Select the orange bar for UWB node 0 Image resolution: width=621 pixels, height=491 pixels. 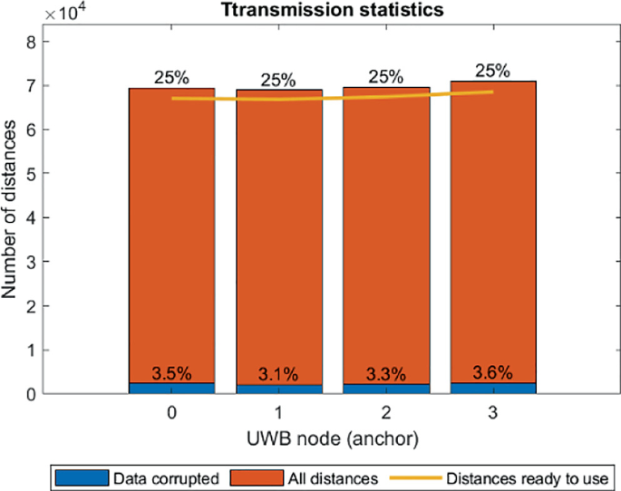click(x=172, y=236)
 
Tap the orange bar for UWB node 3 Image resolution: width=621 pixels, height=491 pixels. click(x=492, y=236)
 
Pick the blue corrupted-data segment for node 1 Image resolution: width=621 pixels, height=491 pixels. click(x=279, y=389)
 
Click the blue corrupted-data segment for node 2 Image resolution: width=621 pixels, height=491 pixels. click(x=385, y=389)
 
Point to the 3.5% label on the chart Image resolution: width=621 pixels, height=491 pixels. click(x=172, y=372)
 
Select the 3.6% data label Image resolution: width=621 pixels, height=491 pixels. click(x=492, y=371)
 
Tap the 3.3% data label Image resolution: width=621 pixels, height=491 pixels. click(x=385, y=372)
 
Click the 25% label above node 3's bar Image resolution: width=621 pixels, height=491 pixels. click(x=492, y=71)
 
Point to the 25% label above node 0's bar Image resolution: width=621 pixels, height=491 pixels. click(x=172, y=78)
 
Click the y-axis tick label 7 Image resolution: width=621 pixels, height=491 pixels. click(x=32, y=86)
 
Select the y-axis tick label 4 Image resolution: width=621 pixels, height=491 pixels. click(x=32, y=218)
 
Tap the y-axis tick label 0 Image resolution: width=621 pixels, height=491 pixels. click(x=32, y=394)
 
